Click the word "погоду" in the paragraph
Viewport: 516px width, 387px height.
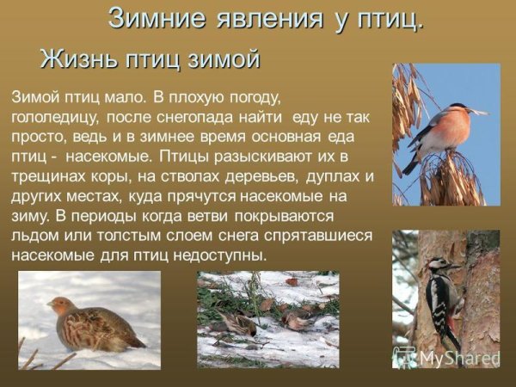[x=246, y=96]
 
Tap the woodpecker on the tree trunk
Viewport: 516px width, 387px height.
[x=443, y=301]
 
